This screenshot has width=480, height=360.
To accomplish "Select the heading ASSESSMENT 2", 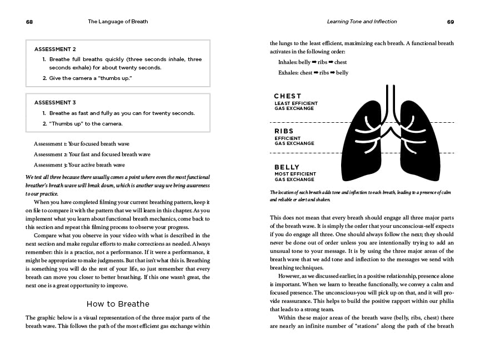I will tap(55, 49).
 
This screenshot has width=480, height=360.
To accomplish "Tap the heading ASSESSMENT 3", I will tap(55, 102).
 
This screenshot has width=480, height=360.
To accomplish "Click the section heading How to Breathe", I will tap(118, 304).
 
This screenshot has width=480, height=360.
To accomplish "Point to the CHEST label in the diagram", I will tap(288, 96).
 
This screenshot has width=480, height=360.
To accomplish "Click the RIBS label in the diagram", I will tap(284, 132).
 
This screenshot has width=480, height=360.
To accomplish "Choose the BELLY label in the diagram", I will tap(287, 167).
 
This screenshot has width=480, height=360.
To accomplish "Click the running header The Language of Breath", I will tap(118, 22).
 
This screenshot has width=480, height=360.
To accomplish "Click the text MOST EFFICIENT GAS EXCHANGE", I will tap(294, 177).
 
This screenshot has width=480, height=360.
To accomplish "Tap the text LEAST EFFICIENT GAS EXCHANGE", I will tap(296, 106).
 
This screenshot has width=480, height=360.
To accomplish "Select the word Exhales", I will tap(288, 73).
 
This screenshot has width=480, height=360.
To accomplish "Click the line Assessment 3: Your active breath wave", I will tap(79, 164).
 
